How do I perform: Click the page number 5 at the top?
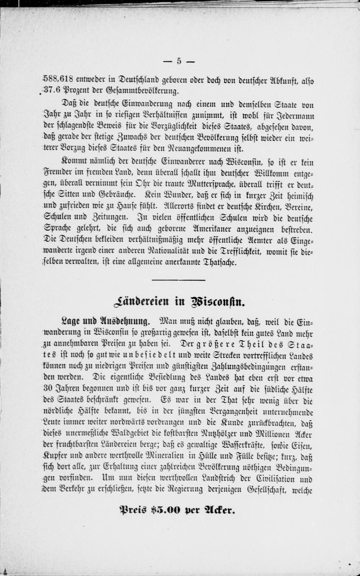(x=179, y=61)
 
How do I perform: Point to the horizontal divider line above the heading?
(x=179, y=280)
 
